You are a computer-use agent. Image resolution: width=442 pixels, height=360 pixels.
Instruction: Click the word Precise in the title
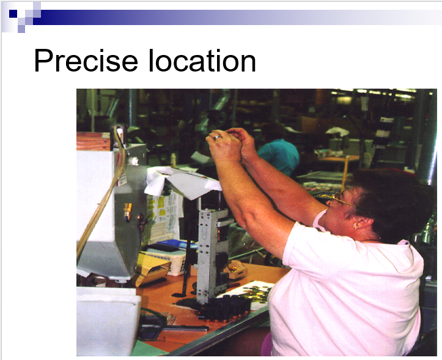86,61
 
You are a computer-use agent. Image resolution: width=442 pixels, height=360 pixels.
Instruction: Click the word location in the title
202,60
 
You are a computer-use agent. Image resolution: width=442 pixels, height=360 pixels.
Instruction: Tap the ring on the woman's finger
217,137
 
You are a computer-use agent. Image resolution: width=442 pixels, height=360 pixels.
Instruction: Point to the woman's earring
356,226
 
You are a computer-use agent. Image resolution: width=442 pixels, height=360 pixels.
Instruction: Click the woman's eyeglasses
338,199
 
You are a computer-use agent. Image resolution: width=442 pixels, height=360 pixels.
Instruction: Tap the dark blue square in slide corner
13,13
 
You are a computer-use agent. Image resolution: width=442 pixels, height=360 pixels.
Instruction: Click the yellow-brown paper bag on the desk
152,271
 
